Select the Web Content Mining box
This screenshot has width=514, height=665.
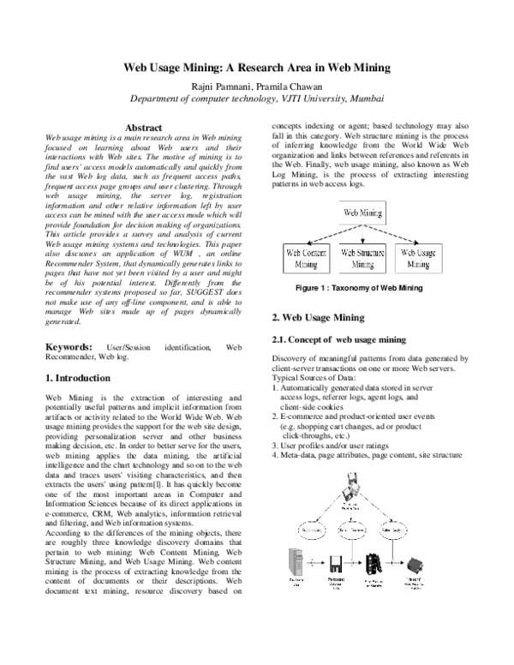pos(304,259)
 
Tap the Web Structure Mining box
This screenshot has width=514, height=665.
pos(362,259)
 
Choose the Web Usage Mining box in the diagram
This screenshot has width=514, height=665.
pos(420,259)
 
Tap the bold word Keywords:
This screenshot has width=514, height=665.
pos(69,346)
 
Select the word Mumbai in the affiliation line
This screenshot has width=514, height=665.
pos(366,99)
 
